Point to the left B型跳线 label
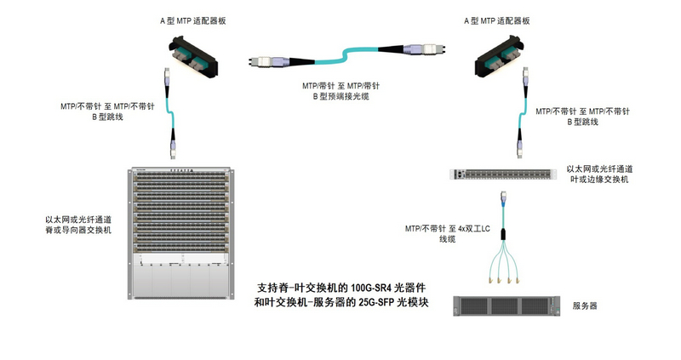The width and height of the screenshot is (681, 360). tap(106, 111)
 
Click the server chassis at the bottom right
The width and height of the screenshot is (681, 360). tap(506, 306)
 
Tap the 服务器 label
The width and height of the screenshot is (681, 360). tap(587, 306)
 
